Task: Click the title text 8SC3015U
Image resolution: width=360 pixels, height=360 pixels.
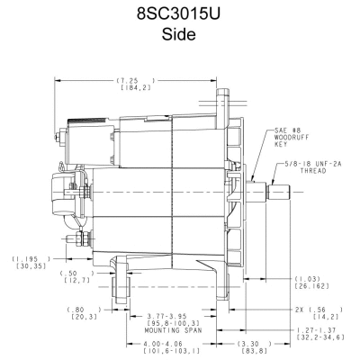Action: pos(180,15)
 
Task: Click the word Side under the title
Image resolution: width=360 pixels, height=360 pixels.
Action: pos(180,39)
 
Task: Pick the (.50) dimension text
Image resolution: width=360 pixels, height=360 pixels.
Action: pos(75,275)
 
